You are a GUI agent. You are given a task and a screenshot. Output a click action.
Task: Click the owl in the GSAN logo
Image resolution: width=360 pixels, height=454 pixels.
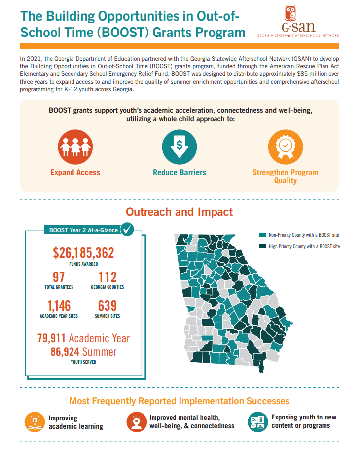click(290, 13)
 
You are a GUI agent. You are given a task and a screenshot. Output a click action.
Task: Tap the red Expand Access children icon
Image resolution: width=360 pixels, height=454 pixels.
click(75, 147)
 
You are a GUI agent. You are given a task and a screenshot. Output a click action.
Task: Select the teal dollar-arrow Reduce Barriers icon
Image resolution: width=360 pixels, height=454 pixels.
click(180, 147)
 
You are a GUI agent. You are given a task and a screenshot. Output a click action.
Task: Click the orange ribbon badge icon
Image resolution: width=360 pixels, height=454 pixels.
click(286, 147)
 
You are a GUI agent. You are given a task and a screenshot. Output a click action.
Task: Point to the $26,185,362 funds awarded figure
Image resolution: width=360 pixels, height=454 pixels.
click(83, 253)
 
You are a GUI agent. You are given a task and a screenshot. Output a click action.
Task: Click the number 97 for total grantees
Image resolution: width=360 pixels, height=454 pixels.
click(59, 277)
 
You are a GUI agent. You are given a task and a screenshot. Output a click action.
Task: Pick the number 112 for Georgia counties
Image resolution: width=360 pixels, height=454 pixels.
click(108, 277)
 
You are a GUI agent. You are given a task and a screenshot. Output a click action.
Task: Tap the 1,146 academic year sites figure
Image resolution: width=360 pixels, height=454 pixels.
click(59, 306)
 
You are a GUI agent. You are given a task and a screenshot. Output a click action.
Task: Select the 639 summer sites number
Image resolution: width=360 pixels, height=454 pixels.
click(108, 306)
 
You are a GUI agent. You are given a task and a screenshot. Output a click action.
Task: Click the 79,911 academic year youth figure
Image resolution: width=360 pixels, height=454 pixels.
click(52, 338)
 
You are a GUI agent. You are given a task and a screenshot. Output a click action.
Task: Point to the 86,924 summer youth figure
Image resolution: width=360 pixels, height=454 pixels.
click(65, 352)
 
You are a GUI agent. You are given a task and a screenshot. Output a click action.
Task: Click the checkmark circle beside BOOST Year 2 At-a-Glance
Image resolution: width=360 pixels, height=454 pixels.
click(127, 229)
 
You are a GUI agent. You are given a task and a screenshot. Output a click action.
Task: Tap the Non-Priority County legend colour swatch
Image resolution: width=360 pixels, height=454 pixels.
click(262, 235)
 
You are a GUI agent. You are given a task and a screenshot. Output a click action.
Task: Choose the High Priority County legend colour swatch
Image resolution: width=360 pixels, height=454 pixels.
click(262, 246)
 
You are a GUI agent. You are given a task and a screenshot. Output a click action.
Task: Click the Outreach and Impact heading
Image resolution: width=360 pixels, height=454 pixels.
click(180, 212)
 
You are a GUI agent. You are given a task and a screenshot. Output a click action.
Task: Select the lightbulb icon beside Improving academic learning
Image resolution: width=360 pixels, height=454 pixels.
click(35, 422)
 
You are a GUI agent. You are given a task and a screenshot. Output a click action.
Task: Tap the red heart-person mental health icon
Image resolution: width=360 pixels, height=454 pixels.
click(137, 422)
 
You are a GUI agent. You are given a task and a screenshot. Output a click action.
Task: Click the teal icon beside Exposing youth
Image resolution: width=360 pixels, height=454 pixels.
click(258, 422)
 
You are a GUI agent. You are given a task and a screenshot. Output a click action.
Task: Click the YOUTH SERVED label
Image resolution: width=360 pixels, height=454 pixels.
click(83, 362)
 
